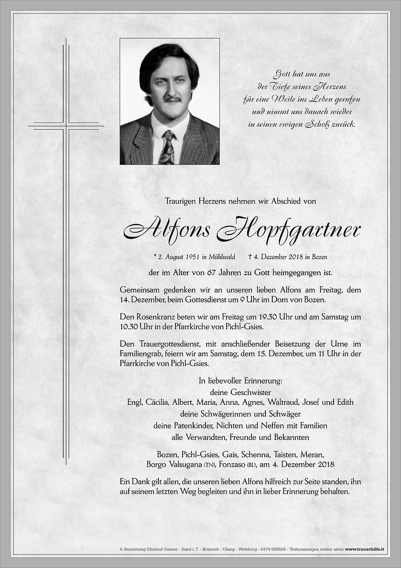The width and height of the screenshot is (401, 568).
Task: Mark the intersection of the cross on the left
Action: click(66, 126)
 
